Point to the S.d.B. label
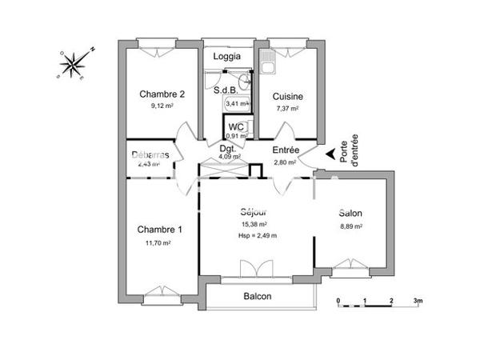click(x=225, y=90)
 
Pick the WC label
click(x=237, y=126)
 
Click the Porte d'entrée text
click(x=348, y=152)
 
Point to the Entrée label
click(x=286, y=150)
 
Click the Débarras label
click(x=150, y=154)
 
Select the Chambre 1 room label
click(x=159, y=230)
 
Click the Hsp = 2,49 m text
click(x=257, y=235)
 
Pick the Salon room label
click(x=350, y=214)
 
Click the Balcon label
click(x=258, y=297)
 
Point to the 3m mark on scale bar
click(x=417, y=302)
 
